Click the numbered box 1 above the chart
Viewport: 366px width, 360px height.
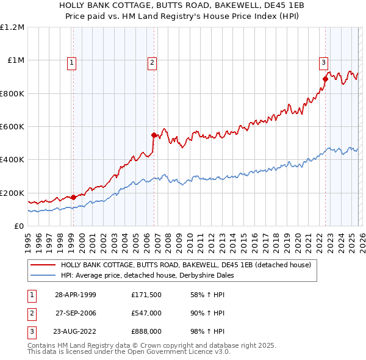[72, 62]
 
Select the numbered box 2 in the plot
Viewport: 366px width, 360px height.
[151, 62]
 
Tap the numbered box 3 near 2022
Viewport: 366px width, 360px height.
[323, 62]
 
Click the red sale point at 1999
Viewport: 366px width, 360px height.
[73, 197]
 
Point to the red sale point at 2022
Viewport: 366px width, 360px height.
[325, 79]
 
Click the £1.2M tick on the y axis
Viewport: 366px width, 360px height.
[12, 27]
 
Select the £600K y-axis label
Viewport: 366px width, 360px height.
[12, 127]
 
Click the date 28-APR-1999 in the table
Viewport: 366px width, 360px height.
[75, 295]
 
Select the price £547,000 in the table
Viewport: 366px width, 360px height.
[146, 312]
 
